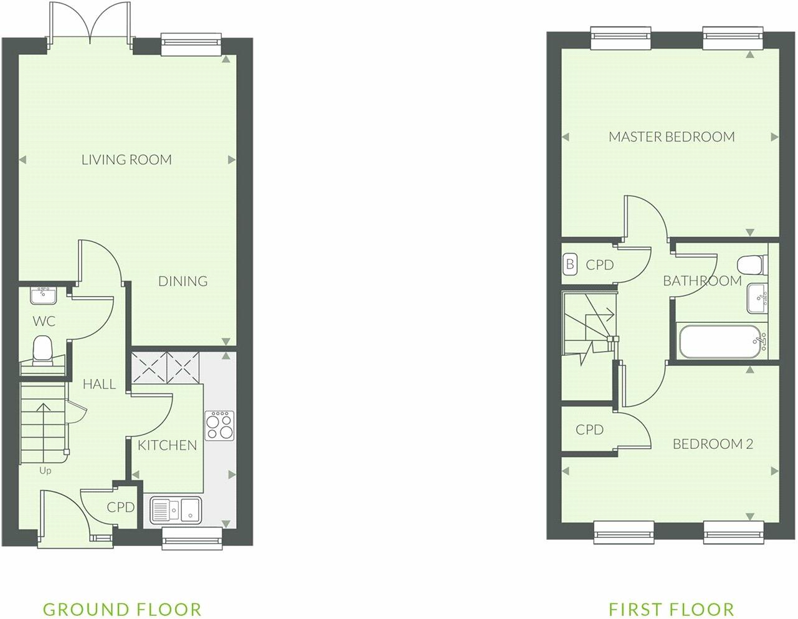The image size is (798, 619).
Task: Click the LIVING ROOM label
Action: tap(126, 160)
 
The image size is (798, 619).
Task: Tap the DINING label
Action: tap(183, 281)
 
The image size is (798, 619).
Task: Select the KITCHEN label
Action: tap(167, 445)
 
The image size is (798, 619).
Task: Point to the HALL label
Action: tap(100, 384)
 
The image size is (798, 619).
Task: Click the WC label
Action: tap(44, 322)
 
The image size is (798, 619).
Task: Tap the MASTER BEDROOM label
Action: tap(672, 137)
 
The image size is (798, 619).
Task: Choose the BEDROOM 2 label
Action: tap(713, 444)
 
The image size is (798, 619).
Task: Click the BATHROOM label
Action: tap(702, 281)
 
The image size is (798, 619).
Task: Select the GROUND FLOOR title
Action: tap(122, 609)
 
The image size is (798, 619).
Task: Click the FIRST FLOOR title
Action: tap(672, 609)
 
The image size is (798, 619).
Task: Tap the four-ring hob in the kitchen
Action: tap(219, 425)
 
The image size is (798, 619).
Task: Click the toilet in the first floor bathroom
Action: tap(750, 264)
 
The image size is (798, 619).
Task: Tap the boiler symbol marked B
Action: tap(569, 264)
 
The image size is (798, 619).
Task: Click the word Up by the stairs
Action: tap(45, 471)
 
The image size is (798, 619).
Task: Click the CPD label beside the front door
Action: tap(120, 507)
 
